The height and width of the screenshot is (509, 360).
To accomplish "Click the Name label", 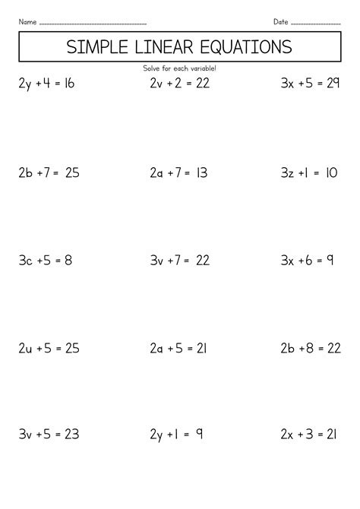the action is pos(27,21).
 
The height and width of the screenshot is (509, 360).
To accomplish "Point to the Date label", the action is pos(281,21).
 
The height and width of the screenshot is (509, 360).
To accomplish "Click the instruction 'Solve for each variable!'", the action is pos(179,68).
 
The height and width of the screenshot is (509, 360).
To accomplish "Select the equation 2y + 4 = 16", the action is pos(46,84).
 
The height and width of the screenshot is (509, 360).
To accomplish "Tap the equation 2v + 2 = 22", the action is pos(178,84).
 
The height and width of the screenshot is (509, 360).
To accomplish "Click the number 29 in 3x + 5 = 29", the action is pos(331,84).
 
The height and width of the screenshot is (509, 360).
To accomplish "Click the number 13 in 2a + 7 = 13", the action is pos(201,173).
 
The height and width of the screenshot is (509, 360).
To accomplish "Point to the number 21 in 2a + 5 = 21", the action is pos(200,349).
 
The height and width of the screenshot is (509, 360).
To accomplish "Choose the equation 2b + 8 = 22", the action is pos(311,349).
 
